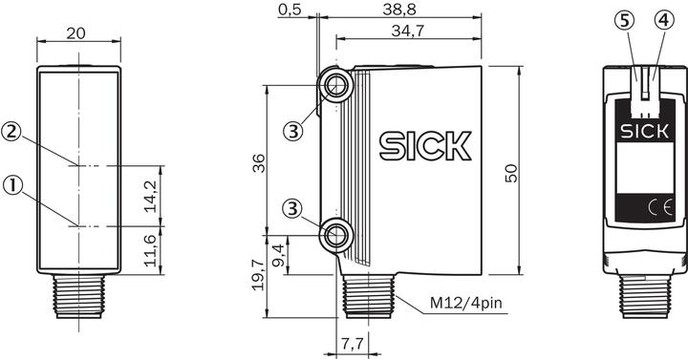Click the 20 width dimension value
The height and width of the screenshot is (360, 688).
point(78,33)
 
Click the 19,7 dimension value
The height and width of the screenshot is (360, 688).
point(256,277)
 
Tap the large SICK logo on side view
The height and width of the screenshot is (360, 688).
point(425,146)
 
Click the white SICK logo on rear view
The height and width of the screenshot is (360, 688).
point(640,131)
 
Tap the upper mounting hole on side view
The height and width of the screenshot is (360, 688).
point(336,86)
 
